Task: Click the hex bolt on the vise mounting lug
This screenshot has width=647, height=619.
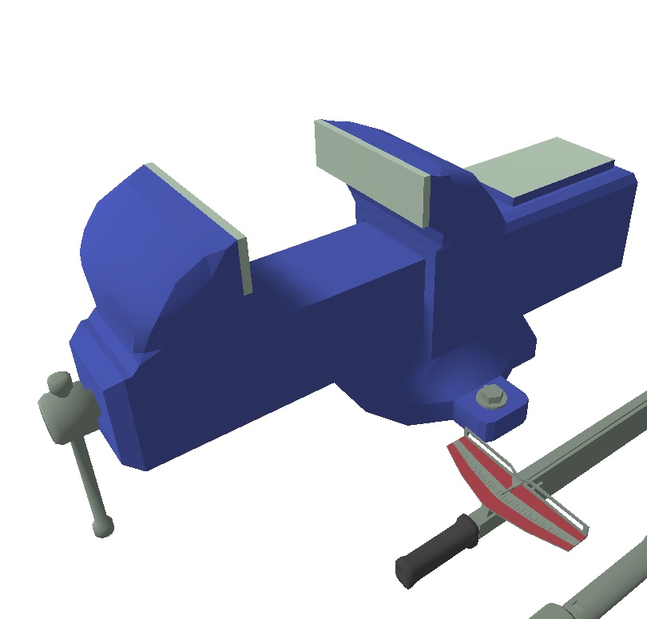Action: click(x=490, y=396)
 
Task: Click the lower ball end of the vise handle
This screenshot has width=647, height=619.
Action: click(x=103, y=526)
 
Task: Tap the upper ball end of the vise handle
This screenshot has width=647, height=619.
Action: click(x=58, y=383)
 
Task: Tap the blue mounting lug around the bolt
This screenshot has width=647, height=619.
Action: click(x=511, y=411)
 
